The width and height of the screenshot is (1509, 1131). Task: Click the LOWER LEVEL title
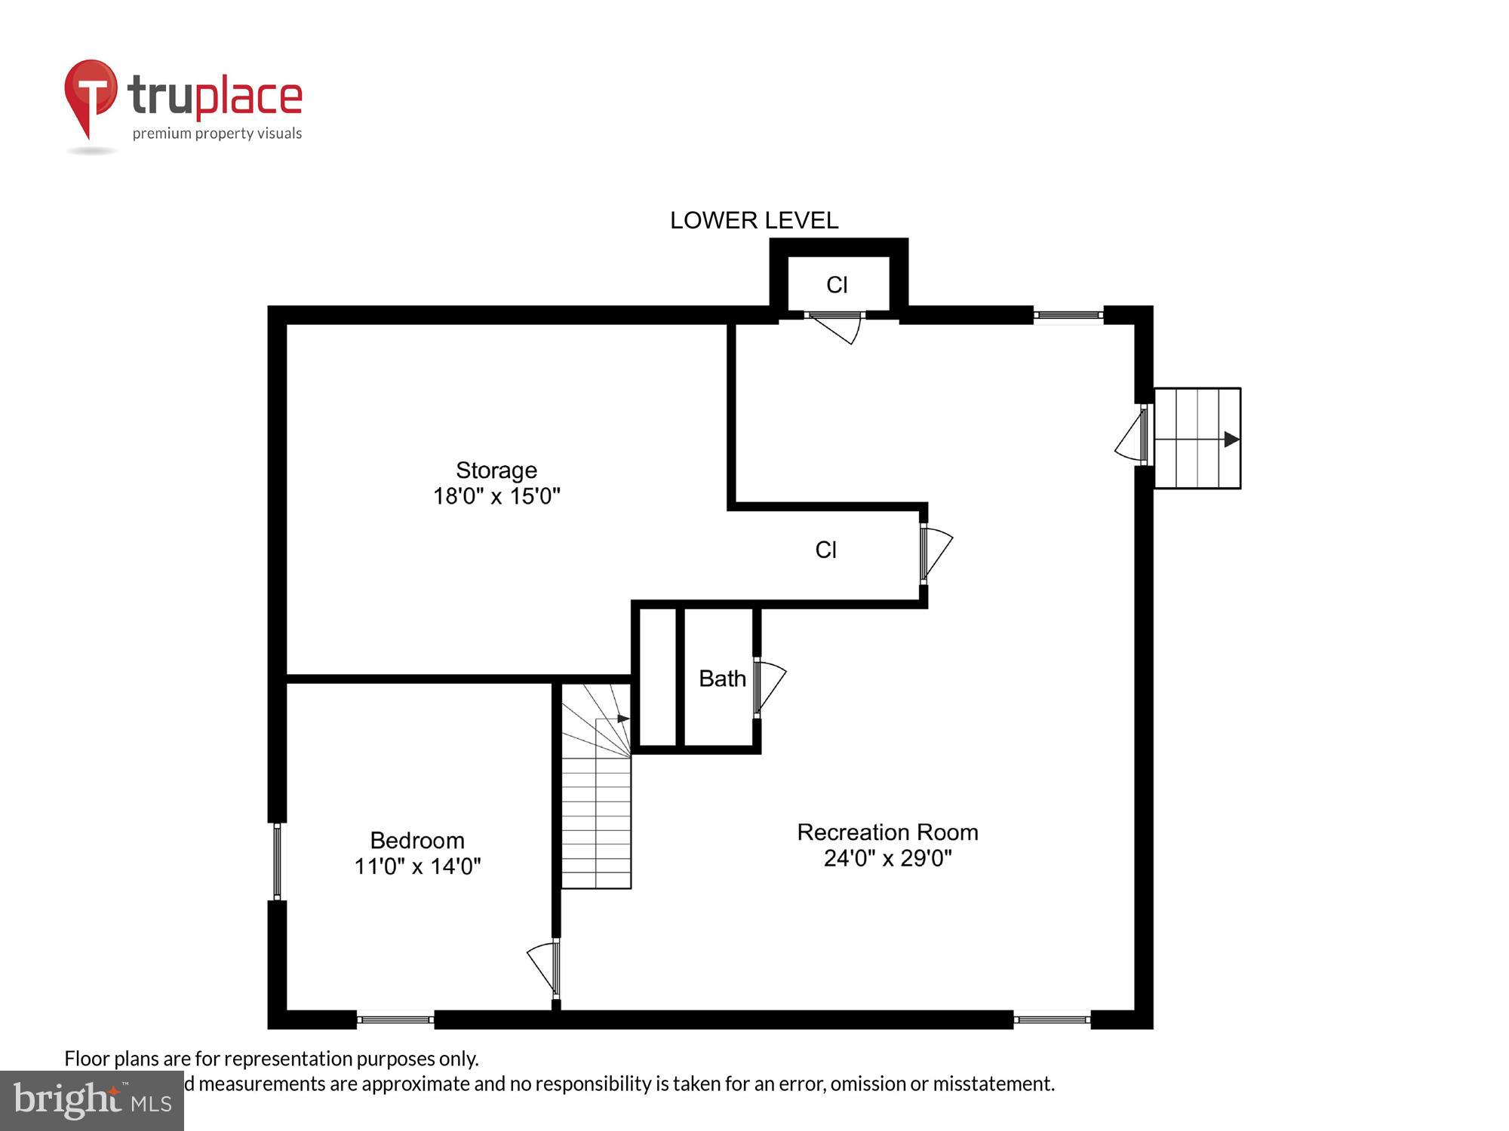[x=754, y=220]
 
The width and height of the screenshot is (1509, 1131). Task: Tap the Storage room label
[x=496, y=470]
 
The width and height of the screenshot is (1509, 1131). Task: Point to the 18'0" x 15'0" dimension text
[x=496, y=496]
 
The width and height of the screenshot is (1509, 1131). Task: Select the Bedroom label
[x=416, y=840]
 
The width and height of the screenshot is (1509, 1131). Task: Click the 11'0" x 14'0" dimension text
[x=417, y=866]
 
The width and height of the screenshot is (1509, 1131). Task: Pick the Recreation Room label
[x=887, y=832]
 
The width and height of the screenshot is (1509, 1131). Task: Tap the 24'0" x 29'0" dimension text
[x=887, y=858]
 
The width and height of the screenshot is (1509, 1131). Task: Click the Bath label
[x=722, y=679]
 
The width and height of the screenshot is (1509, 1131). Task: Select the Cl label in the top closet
[x=837, y=285]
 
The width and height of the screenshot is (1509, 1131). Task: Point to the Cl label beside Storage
[x=825, y=550]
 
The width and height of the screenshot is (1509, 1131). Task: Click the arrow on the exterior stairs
[x=1231, y=439]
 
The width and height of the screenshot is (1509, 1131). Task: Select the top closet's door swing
[x=837, y=327]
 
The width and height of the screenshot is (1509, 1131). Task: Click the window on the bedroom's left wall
[x=277, y=861]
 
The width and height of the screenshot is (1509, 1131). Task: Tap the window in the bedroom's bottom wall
[x=395, y=1019]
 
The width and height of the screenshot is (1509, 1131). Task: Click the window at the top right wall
[x=1068, y=314]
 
